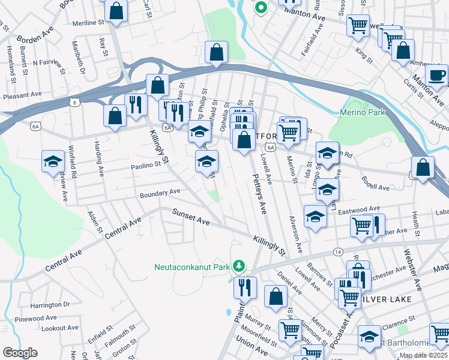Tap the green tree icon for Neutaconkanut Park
(239, 265)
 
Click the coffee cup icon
(436, 75)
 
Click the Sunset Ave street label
(191, 217)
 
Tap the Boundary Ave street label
(160, 193)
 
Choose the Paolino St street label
(147, 164)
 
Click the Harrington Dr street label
(50, 305)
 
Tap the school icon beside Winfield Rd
(53, 161)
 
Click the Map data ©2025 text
(423, 355)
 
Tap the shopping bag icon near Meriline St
(116, 10)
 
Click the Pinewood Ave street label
(35, 318)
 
